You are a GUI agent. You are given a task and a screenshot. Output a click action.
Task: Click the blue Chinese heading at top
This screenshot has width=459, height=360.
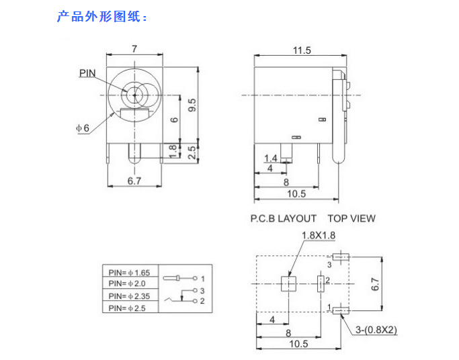coord(101,17)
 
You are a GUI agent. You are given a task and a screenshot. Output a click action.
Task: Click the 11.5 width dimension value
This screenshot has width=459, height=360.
coord(301,50)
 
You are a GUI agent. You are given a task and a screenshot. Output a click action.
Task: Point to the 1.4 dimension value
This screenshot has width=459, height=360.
coord(271,159)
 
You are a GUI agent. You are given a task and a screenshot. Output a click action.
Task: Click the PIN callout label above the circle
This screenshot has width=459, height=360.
coord(88,73)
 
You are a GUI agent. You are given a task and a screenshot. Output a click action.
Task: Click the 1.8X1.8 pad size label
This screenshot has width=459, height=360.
coord(319,235)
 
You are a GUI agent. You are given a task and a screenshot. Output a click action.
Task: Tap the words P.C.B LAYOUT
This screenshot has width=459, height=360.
coord(283,218)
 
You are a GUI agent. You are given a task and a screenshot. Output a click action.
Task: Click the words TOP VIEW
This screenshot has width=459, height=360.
coord(351,218)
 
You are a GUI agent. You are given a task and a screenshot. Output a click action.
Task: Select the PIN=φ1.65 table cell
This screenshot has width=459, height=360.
coord(130,273)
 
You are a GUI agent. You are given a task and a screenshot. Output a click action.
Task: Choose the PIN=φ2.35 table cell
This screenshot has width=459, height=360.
coord(130,296)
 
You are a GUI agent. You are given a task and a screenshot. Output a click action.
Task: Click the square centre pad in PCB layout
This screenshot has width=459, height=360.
coord(288,284)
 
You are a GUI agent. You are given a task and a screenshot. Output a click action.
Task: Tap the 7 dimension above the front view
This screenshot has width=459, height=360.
coord(134,49)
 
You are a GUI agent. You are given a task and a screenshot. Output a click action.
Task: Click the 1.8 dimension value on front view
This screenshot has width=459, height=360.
coord(172,152)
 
